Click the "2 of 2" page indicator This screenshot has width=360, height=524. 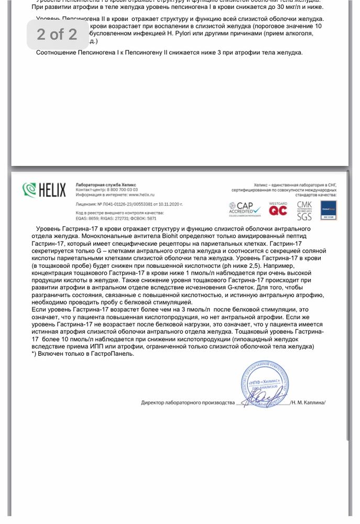(x=57, y=35)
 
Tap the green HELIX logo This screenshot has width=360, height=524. (x=45, y=190)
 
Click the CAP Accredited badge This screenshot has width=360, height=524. (x=245, y=209)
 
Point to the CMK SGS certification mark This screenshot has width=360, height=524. (x=304, y=210)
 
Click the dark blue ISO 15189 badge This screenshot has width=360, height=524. (x=328, y=210)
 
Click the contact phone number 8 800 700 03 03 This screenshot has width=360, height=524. (x=122, y=190)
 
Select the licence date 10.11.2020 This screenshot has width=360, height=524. (x=171, y=203)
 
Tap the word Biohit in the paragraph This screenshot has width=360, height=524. (x=145, y=236)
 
